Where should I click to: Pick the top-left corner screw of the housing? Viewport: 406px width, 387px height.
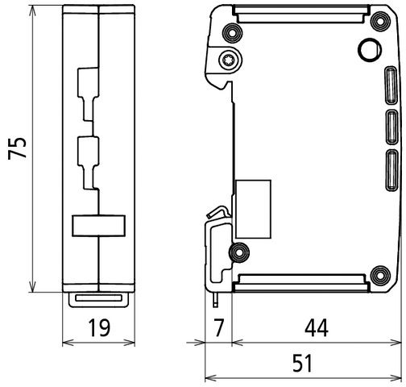(x=234, y=33)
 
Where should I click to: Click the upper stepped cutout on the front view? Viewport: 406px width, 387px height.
(x=88, y=94)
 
